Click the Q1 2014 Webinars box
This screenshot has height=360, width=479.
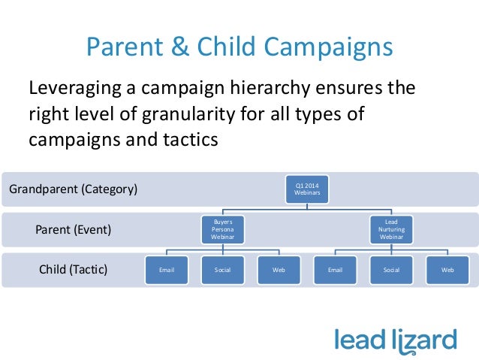pyautogui.click(x=306, y=189)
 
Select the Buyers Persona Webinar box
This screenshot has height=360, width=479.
pyautogui.click(x=221, y=229)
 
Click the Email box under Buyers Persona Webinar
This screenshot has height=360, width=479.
pyautogui.click(x=165, y=269)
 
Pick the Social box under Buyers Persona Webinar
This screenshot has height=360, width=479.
pyautogui.click(x=221, y=269)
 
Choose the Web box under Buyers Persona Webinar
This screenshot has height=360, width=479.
pyautogui.click(x=278, y=269)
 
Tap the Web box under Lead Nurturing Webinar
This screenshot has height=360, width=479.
pyautogui.click(x=447, y=269)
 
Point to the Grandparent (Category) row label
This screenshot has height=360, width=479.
pyautogui.click(x=73, y=189)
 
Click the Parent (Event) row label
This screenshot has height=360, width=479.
pyautogui.click(x=74, y=230)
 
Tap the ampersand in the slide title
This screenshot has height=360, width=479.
pyautogui.click(x=179, y=47)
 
